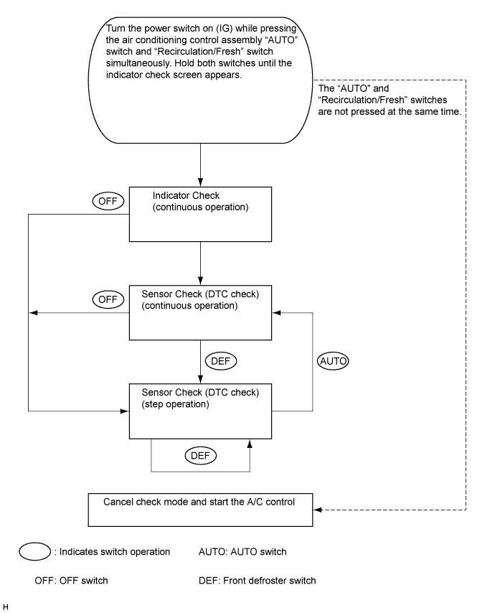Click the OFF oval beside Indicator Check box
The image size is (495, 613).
coord(108,201)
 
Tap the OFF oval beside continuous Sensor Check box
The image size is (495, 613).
coord(108,299)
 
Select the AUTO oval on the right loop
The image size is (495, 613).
coord(333,361)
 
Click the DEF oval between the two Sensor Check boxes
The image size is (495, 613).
coord(221,361)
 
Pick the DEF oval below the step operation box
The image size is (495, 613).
coord(200,456)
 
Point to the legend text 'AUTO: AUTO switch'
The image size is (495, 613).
coord(242,551)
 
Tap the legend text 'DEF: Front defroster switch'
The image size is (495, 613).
coord(257,581)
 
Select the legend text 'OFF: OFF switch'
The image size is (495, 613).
coord(71,581)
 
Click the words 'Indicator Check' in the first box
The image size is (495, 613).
coord(186,195)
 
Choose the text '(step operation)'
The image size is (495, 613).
coord(176,404)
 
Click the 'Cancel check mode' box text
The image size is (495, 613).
coord(199,502)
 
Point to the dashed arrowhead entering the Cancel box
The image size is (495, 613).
coord(317,510)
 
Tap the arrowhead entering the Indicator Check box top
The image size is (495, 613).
coord(200,182)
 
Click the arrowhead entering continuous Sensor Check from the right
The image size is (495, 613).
coord(276,313)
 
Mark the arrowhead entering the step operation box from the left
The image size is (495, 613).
coord(125,411)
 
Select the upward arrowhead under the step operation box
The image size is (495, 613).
coord(250,444)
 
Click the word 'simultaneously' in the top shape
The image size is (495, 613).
coord(138,63)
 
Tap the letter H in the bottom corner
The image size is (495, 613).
coord(6,607)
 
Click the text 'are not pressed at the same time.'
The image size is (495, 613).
coord(390,111)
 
